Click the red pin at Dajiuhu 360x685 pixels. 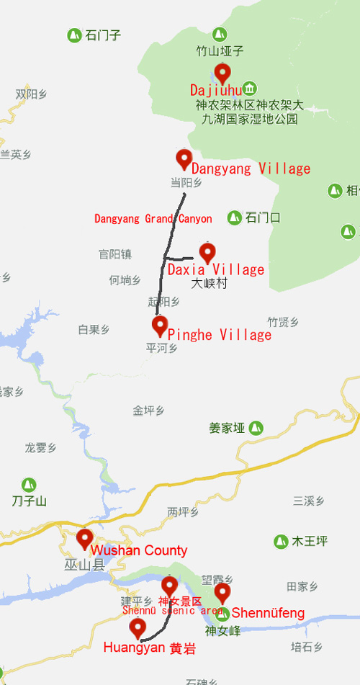(x=222, y=72)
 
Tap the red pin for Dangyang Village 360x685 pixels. (x=184, y=158)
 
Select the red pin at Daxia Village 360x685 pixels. (x=207, y=252)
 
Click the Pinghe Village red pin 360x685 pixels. (x=160, y=325)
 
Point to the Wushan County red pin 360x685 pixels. (x=85, y=538)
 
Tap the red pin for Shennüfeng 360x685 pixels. (x=222, y=592)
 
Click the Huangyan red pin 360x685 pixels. (x=138, y=627)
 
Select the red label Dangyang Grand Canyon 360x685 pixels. (x=153, y=218)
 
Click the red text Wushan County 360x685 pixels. (x=139, y=550)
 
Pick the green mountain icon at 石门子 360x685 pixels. (x=73, y=35)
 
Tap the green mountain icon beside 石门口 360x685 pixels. (x=235, y=217)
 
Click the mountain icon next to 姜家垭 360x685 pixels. (x=255, y=428)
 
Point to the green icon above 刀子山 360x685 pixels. (x=29, y=485)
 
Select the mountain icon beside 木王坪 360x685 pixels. (x=282, y=540)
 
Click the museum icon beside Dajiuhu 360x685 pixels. (x=249, y=89)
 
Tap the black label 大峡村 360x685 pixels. (x=209, y=284)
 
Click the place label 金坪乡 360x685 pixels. (x=148, y=411)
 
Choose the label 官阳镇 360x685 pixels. (x=115, y=254)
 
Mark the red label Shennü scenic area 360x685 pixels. (x=172, y=611)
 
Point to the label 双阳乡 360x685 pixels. (x=32, y=94)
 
